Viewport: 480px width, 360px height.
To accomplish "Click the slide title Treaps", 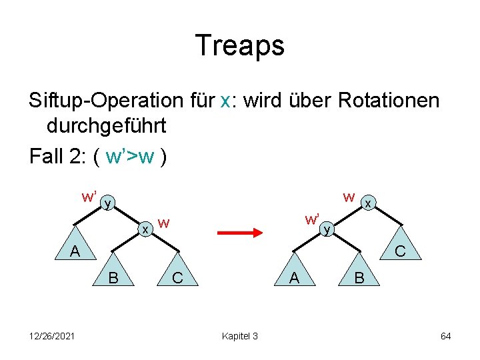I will point(240,45).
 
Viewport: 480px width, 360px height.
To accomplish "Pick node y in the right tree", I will point(327,229).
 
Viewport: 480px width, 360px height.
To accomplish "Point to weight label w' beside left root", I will point(89,197).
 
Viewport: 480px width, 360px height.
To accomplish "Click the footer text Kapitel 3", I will point(239,335).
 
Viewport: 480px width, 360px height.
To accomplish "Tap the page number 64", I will point(445,335).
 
